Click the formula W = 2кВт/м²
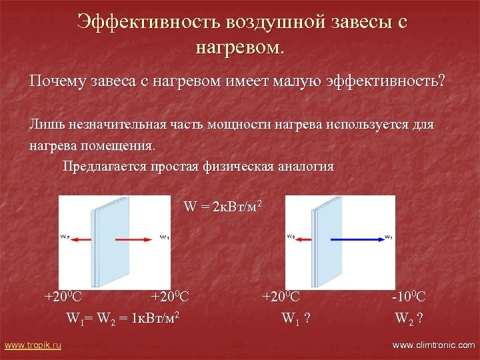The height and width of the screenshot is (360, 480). tap(223, 207)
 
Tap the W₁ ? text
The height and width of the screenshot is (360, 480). tap(296, 318)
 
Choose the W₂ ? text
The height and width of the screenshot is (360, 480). tap(408, 318)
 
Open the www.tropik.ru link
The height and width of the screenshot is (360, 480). tap(33, 345)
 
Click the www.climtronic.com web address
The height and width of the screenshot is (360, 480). tap(433, 345)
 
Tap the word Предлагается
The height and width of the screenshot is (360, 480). tap(107, 166)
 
